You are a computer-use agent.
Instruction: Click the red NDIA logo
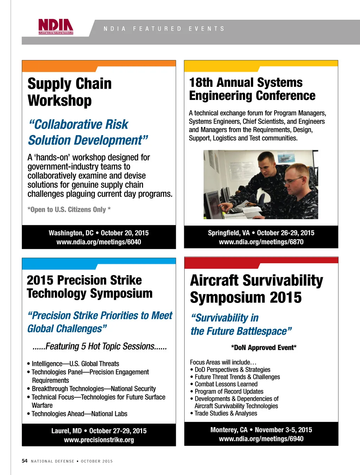[x=56, y=26]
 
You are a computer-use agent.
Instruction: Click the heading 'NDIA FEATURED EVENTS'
[x=164, y=29]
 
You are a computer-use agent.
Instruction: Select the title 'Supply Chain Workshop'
[x=70, y=92]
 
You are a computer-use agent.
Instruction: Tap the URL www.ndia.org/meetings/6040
[x=99, y=242]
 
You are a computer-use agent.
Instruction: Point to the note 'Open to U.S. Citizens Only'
[x=69, y=209]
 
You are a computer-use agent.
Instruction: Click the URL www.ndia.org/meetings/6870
[x=261, y=242]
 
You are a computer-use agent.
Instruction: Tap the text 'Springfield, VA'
[x=229, y=233]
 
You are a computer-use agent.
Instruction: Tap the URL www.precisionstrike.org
[x=99, y=440]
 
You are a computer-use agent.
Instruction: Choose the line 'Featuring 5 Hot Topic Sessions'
[x=100, y=346]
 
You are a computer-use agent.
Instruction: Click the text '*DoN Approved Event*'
[x=264, y=348]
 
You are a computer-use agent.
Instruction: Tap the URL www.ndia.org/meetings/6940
[x=261, y=439]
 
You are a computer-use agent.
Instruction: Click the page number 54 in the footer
[x=24, y=461]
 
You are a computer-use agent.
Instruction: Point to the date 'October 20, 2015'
[x=125, y=233]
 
